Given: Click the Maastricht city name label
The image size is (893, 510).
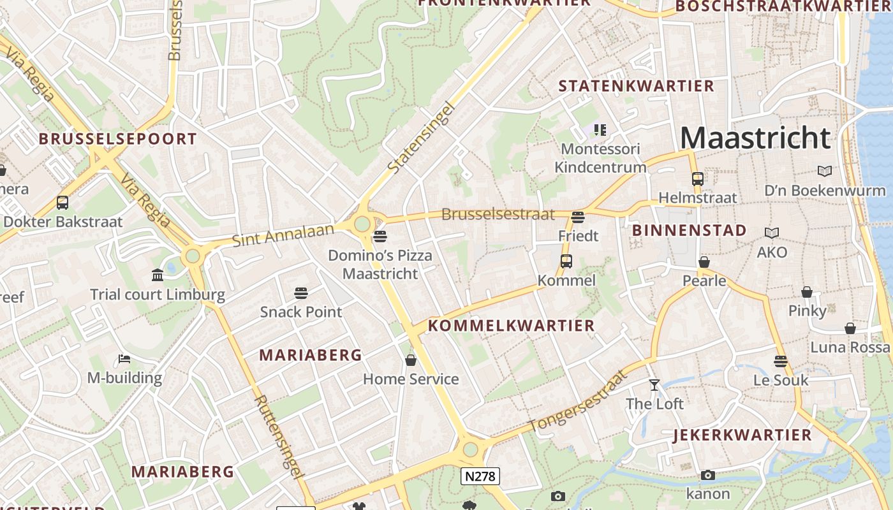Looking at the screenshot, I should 756,138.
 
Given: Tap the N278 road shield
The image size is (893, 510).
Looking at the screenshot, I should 480,476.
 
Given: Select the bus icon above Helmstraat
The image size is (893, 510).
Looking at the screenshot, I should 697,178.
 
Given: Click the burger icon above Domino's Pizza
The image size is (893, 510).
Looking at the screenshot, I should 380,237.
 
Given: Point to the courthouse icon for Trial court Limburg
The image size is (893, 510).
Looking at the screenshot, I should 158,275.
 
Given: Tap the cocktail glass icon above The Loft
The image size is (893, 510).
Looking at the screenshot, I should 654,384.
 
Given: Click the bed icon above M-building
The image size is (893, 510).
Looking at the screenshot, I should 124,359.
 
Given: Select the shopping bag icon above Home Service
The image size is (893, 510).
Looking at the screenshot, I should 411,360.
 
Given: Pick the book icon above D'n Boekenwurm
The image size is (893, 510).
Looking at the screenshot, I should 825,171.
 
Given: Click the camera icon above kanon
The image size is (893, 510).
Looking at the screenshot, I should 707,475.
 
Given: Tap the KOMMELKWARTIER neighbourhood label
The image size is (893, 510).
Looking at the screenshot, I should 511,326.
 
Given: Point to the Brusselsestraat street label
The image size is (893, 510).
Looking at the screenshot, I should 498,214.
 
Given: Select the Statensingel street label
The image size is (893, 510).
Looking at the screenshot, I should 421,138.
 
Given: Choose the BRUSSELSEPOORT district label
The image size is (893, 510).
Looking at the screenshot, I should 118,139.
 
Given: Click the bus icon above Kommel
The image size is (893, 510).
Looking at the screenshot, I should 566,261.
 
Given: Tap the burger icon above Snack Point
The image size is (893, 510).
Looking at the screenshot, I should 301,293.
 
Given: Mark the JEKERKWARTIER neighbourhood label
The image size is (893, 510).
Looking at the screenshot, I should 742,435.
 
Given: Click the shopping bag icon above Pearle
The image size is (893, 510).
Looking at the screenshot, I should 704,262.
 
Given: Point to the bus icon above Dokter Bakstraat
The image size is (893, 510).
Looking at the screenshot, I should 63,203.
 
